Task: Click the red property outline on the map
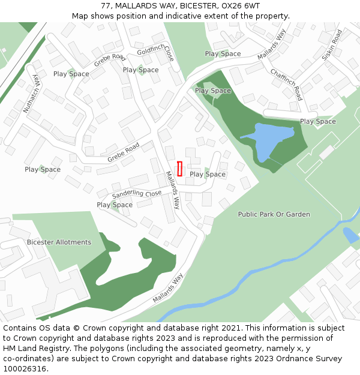[179, 169]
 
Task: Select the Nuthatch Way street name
[34, 94]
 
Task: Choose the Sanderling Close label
[137, 194]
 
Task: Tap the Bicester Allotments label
[59, 242]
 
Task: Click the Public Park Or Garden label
[274, 214]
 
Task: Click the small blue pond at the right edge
[350, 235]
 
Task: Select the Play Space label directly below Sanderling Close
[115, 205]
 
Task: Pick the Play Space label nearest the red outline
[208, 175]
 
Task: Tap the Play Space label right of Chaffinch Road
[318, 122]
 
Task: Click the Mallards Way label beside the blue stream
[167, 289]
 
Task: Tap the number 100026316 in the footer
[25, 369]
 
